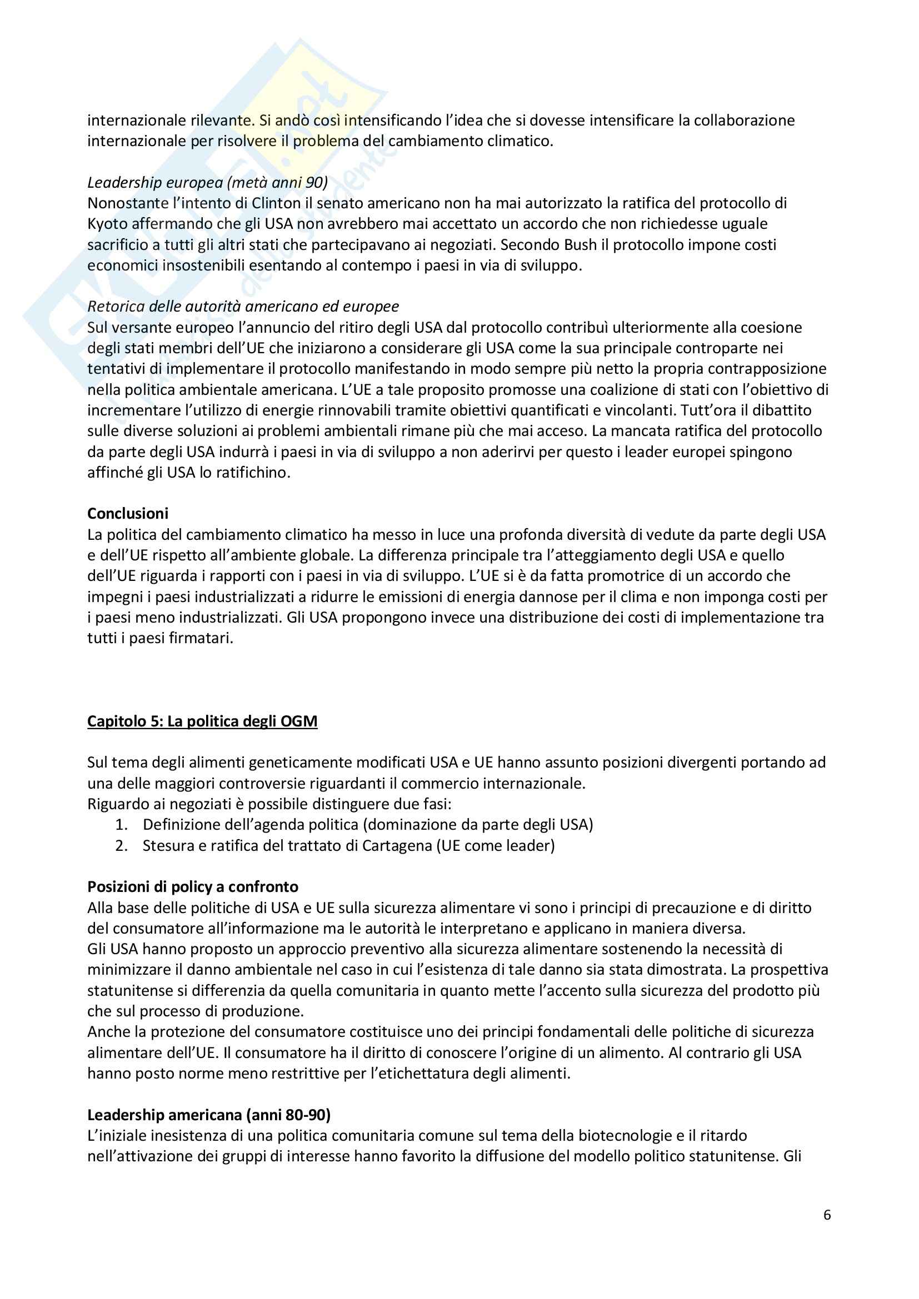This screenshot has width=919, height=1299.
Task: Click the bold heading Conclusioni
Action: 127,513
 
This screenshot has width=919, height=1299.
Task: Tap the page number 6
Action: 827,1215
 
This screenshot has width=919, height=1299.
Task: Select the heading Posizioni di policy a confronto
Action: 192,886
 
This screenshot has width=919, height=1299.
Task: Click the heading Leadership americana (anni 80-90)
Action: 209,1115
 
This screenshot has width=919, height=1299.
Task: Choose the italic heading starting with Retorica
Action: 243,306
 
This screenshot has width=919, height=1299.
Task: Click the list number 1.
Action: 121,824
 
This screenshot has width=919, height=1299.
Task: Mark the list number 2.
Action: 121,845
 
